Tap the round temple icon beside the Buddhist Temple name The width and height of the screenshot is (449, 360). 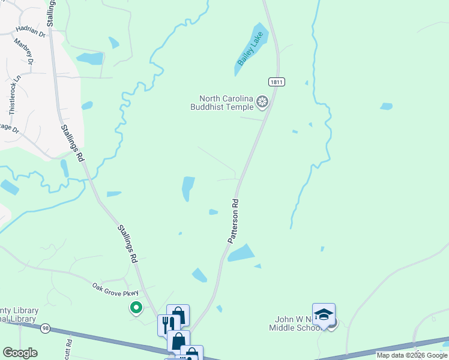tap(262, 102)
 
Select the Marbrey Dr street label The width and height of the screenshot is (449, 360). tap(28, 52)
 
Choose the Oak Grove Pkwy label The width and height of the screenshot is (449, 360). tap(115, 289)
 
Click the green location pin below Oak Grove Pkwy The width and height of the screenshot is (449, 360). tap(136, 308)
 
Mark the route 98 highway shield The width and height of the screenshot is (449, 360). tap(45, 328)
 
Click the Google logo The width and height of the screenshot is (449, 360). tap(20, 353)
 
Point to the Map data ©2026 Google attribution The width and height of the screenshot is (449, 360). tap(412, 355)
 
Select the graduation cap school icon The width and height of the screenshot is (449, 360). tap(324, 315)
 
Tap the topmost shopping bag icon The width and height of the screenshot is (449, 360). tap(178, 315)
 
